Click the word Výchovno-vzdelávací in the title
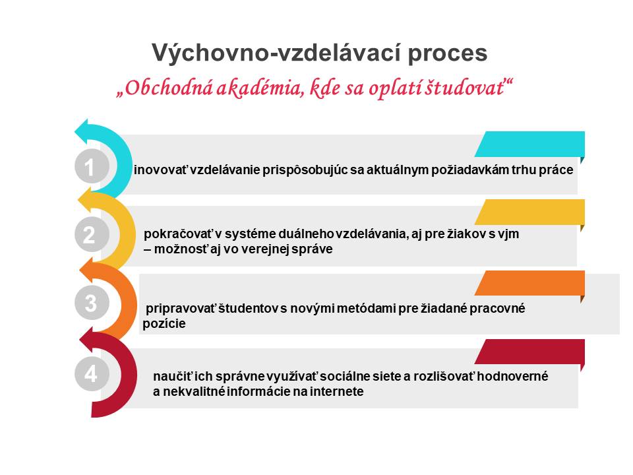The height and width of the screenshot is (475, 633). coord(277,53)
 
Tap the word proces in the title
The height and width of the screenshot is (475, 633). coord(448,54)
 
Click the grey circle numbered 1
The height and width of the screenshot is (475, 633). coord(92,166)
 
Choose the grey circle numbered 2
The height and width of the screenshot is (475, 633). coord(92,235)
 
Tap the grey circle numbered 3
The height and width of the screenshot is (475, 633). coord(92,303)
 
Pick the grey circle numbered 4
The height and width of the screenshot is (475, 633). coord(92,373)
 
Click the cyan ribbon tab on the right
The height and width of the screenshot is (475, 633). coord(529,144)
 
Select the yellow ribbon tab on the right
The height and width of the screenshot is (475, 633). coord(529,212)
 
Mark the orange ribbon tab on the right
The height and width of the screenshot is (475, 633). coord(529,283)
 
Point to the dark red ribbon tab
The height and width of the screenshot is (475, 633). coord(529,352)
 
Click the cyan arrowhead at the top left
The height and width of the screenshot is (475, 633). coord(82,130)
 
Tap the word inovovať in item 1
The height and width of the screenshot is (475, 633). coord(161,170)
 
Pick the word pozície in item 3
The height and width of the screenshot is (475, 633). coord(164,323)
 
